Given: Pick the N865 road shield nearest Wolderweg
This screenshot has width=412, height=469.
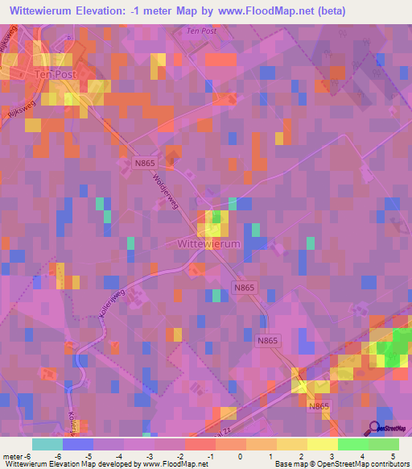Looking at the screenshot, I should coord(144,163).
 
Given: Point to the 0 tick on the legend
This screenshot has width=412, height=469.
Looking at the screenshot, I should coord(229,455).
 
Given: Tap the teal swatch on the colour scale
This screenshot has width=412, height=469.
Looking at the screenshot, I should coord(47,444).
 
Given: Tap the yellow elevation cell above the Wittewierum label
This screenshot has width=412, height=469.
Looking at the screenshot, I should coord(216,222).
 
